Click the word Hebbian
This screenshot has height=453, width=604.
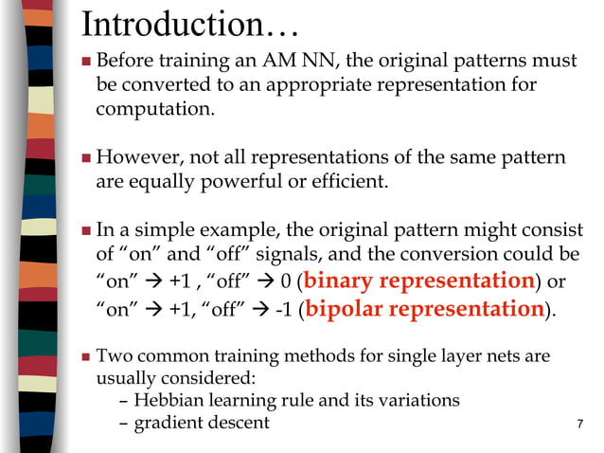coord(169,401)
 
